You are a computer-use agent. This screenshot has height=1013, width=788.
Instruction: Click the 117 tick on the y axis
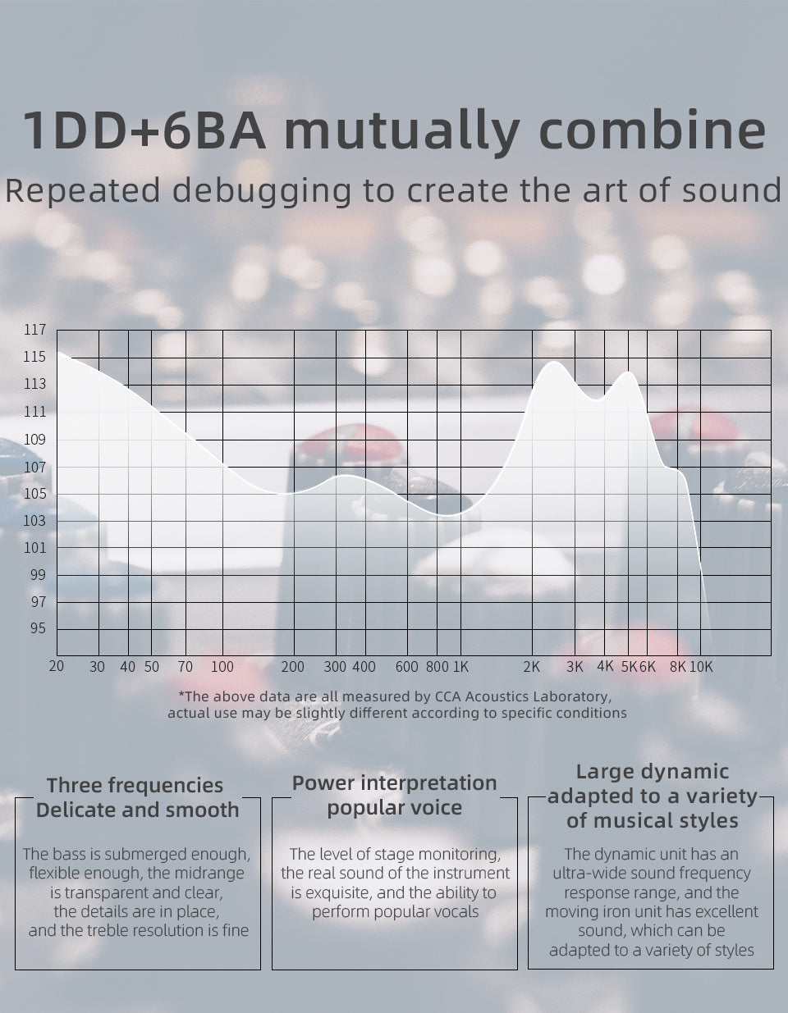(34, 331)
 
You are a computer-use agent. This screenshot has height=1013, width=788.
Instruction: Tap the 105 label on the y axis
(34, 494)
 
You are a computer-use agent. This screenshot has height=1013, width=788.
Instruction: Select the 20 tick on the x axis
(57, 666)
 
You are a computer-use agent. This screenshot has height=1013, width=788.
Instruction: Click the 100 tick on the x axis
(222, 667)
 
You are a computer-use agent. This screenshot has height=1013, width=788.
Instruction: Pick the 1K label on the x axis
(460, 667)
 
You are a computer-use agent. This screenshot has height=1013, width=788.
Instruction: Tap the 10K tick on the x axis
(701, 667)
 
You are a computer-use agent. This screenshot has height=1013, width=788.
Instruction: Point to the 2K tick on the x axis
(532, 667)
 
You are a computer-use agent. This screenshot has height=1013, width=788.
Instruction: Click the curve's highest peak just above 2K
(555, 362)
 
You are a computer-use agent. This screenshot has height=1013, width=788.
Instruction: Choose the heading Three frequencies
(135, 785)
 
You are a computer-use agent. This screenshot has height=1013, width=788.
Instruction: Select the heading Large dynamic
(652, 771)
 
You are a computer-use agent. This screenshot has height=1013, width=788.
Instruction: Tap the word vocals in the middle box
(456, 911)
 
